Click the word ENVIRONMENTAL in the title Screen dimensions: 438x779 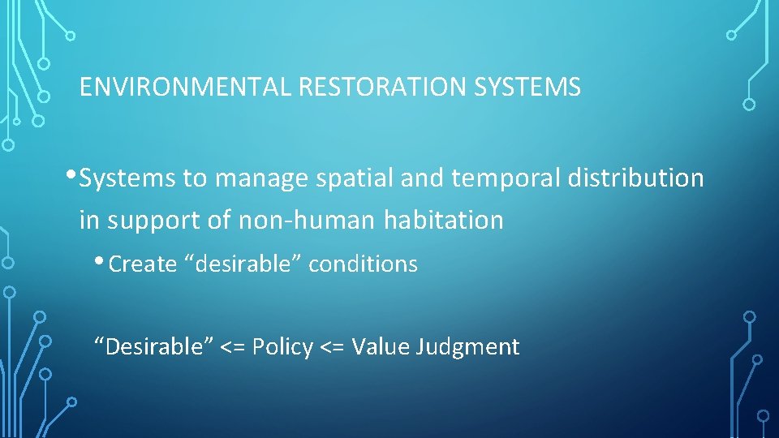185,88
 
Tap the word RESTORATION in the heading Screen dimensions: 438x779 377,88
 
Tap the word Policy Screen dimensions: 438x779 282,348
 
